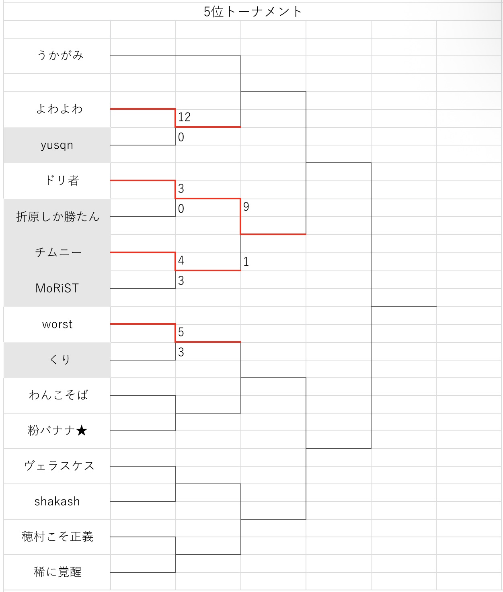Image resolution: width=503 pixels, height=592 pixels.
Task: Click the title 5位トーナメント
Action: click(x=253, y=12)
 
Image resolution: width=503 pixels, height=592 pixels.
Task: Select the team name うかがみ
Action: click(x=60, y=55)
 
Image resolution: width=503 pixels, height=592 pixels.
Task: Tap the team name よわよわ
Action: click(x=60, y=109)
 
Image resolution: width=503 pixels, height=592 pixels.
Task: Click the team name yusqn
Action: click(x=57, y=145)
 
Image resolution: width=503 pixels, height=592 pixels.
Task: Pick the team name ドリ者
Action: click(x=62, y=180)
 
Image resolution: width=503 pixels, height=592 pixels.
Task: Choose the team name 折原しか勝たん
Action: click(x=57, y=217)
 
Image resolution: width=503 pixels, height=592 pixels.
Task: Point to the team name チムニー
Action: click(x=58, y=252)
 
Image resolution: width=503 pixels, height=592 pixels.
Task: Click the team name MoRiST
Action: click(x=57, y=288)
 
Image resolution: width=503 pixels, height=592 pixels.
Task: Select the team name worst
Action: click(x=57, y=324)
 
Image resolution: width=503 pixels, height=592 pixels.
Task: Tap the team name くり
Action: click(x=60, y=360)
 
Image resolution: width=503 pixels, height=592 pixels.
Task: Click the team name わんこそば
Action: click(x=58, y=395)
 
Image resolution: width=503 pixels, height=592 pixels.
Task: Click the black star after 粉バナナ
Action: click(x=82, y=431)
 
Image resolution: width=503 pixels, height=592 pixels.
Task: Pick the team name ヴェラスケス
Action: click(x=59, y=466)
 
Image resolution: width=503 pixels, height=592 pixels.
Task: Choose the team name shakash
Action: click(x=57, y=502)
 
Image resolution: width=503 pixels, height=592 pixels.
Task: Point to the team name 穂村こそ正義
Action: click(x=57, y=537)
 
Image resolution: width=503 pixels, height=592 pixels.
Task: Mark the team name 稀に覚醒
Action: click(x=57, y=572)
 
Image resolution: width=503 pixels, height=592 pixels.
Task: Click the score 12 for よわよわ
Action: click(x=184, y=117)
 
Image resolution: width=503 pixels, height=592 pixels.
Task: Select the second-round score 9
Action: click(x=246, y=207)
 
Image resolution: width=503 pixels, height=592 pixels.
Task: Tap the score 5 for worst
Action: click(x=181, y=332)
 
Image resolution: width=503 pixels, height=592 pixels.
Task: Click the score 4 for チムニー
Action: click(x=181, y=260)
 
